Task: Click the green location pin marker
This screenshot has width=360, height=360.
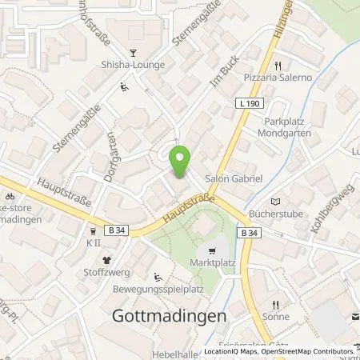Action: pos(180,162)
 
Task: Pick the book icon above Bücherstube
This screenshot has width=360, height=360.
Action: pos(277,202)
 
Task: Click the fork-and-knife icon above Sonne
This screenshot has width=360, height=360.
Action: pos(274,305)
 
